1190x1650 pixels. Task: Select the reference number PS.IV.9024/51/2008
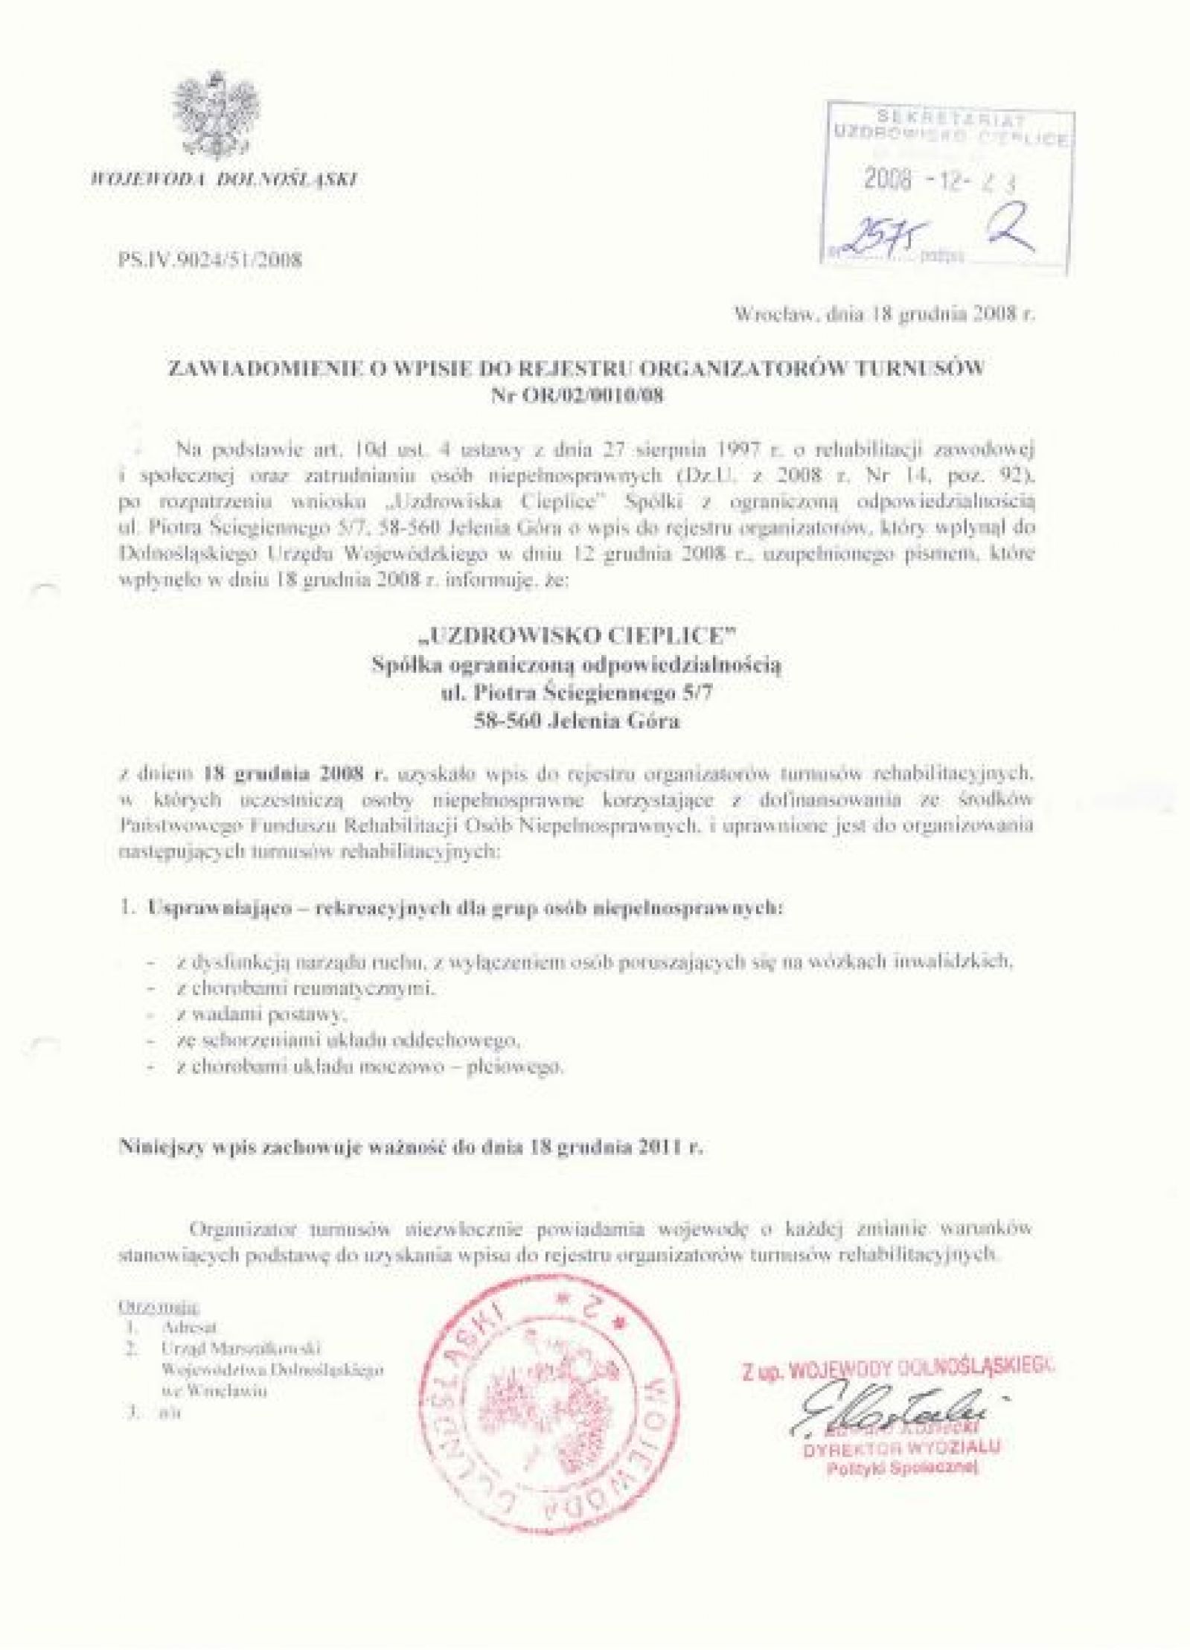209,260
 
